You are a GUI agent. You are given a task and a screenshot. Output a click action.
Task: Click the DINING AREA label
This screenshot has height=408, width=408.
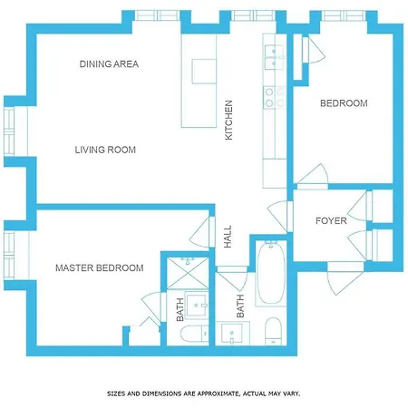coord(109,64)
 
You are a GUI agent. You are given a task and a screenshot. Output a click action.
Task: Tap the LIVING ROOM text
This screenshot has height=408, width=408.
coord(105,150)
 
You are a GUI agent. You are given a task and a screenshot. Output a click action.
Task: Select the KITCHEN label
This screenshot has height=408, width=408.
coord(228,120)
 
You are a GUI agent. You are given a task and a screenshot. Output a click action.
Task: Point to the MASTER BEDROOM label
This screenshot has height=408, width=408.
coord(100,267)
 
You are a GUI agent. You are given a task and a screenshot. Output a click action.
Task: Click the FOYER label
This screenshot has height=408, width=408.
coord(331,220)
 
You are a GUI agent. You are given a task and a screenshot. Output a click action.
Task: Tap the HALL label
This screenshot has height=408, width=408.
coord(228,237)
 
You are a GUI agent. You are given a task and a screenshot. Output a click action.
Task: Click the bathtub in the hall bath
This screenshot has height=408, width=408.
coord(271,273)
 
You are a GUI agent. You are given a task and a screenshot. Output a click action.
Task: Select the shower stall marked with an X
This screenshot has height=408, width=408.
coord(188,273)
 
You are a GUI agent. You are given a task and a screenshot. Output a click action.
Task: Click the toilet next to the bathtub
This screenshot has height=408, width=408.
coord(273,331)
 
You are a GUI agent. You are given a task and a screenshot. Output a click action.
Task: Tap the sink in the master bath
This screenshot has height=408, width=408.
coord(197,306)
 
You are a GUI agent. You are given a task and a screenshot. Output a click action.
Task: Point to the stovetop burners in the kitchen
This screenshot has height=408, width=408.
coord(275,97)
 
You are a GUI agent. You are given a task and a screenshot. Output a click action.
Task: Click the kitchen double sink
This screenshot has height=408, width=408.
coord(275,57)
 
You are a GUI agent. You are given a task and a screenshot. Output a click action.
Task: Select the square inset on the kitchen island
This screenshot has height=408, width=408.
coord(204,72)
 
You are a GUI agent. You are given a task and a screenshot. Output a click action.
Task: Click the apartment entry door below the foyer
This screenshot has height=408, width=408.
coord(345,278)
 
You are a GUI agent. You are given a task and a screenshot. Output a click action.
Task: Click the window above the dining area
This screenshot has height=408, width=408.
coord(157,15)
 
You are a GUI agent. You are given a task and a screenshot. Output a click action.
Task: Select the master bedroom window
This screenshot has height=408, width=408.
coord(9,256)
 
